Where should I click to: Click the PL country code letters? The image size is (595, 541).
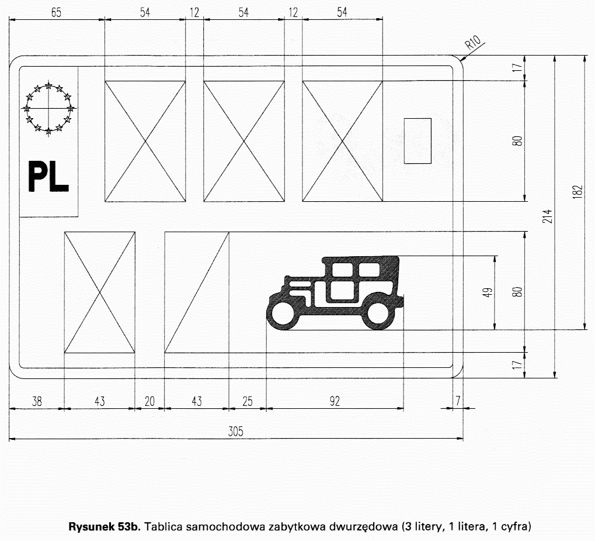coord(48,177)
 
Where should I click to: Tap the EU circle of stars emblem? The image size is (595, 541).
coord(48,108)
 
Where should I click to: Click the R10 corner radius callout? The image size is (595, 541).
coord(473,42)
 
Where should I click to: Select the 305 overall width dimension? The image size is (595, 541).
coord(235,432)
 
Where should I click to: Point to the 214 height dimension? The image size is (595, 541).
coord(548,216)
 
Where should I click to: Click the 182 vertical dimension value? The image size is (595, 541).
coord(577,192)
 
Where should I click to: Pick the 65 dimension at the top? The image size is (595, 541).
coord(56,12)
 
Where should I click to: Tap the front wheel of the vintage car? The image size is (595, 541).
coord(283,314)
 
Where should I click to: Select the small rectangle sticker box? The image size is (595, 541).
coord(417,141)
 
